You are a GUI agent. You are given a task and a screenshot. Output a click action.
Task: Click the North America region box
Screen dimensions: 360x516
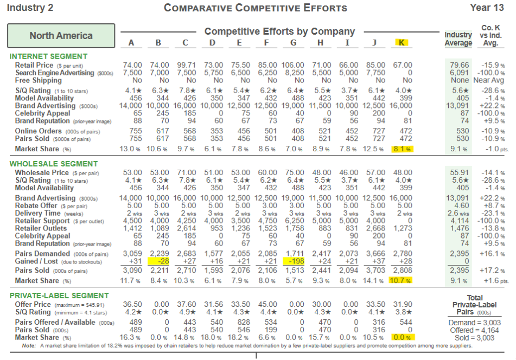pos(61,36)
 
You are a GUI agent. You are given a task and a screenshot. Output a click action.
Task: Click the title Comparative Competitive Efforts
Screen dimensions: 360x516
pos(256,8)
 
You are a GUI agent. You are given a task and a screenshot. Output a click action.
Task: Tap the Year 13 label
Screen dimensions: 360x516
pos(487,8)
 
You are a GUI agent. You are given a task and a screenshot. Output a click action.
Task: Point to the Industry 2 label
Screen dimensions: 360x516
pos(30,8)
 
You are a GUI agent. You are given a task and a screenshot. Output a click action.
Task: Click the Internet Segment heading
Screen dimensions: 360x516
pos(48,56)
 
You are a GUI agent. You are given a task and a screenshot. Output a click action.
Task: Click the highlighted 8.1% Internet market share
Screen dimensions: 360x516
pos(402,149)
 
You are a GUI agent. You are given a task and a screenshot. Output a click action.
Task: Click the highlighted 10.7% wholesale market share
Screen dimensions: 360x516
pos(401,280)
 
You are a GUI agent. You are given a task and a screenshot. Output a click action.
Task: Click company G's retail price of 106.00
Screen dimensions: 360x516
pos(293,65)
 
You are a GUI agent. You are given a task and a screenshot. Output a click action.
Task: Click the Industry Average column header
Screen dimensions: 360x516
pos(458,39)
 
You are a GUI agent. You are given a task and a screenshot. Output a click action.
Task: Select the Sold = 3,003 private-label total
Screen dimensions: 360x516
pos(474,337)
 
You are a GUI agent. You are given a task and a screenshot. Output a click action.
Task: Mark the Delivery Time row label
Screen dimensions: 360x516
pos(39,213)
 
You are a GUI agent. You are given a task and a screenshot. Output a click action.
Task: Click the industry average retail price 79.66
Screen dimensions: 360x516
pos(459,65)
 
